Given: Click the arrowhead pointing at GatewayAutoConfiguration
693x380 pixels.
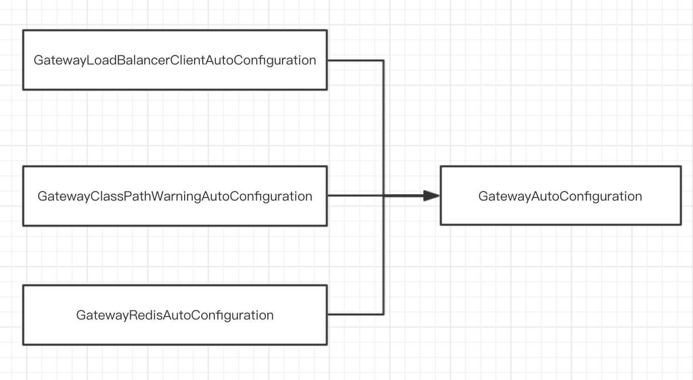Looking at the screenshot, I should point(432,196).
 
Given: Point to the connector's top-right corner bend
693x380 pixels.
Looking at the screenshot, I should point(384,60).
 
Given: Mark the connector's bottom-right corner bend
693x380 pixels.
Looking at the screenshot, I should point(384,314).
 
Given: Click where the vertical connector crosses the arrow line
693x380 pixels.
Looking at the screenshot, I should point(384,196).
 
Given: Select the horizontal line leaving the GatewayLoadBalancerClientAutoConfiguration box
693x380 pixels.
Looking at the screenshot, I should point(355,60).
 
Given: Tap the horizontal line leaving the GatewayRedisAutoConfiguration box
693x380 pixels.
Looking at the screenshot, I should point(355,314).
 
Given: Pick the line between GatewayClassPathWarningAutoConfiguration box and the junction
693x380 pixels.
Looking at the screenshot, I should point(355,196).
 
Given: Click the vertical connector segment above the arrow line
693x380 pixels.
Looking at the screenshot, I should point(384,128).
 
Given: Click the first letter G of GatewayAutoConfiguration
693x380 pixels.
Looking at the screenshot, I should point(483,196).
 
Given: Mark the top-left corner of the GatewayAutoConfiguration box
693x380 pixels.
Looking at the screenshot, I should point(441,166).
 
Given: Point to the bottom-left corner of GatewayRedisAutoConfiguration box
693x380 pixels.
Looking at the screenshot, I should point(23,345).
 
